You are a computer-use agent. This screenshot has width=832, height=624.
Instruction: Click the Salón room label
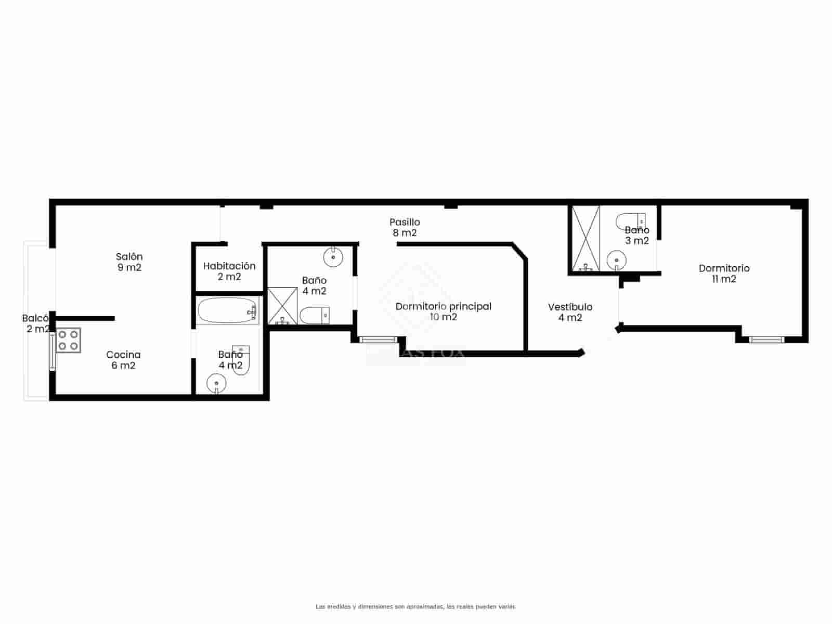click(x=129, y=262)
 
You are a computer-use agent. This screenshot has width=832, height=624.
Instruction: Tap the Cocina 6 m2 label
click(x=123, y=360)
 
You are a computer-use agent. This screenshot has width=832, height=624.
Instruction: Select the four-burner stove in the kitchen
click(x=69, y=340)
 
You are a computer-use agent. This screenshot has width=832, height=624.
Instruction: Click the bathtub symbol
click(x=228, y=310)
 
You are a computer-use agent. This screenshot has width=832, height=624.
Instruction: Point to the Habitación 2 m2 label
click(x=229, y=271)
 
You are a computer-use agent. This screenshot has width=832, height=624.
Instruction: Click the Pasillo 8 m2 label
click(x=405, y=227)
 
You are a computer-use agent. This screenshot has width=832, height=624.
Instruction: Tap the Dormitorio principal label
click(x=443, y=311)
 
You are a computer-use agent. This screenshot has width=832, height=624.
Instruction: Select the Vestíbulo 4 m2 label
click(x=570, y=312)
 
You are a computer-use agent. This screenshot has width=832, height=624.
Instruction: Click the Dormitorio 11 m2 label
click(x=724, y=274)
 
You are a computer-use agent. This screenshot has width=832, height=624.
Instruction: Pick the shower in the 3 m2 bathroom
click(x=586, y=239)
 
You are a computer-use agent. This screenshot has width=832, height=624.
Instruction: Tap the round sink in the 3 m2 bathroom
click(x=617, y=259)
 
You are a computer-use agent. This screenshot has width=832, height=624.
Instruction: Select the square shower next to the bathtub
click(x=282, y=306)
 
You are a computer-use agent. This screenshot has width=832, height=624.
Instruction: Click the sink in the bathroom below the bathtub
click(x=216, y=384)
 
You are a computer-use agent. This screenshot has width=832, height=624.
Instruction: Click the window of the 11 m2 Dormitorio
click(x=766, y=340)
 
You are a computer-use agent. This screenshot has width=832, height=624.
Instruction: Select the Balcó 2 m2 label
click(x=36, y=323)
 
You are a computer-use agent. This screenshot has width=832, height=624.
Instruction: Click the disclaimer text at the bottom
click(x=415, y=606)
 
